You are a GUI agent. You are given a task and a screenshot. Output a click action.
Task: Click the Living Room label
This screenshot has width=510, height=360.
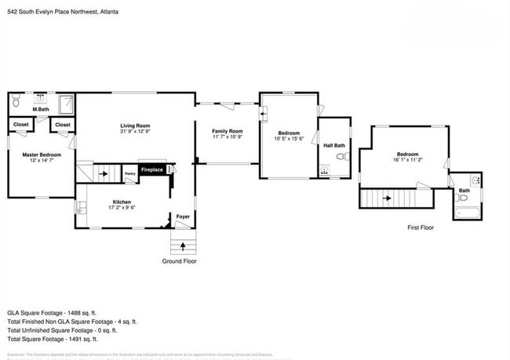[x=135, y=125]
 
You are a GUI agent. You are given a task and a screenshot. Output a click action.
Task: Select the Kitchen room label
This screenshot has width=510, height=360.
[x=121, y=202]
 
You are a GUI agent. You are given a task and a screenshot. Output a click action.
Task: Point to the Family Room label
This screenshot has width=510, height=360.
[x=228, y=131]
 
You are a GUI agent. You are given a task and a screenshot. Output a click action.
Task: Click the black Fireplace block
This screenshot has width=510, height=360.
[x=152, y=170]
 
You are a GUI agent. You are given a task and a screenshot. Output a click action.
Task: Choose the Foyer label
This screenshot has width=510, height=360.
[x=183, y=216]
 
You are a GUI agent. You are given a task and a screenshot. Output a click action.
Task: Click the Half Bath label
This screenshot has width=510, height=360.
[x=333, y=146]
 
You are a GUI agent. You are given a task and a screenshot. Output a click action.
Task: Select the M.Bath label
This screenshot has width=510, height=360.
[x=41, y=109]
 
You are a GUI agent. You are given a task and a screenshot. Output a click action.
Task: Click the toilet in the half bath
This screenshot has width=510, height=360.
[x=340, y=157]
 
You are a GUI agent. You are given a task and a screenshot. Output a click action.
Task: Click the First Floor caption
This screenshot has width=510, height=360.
[x=421, y=227]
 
